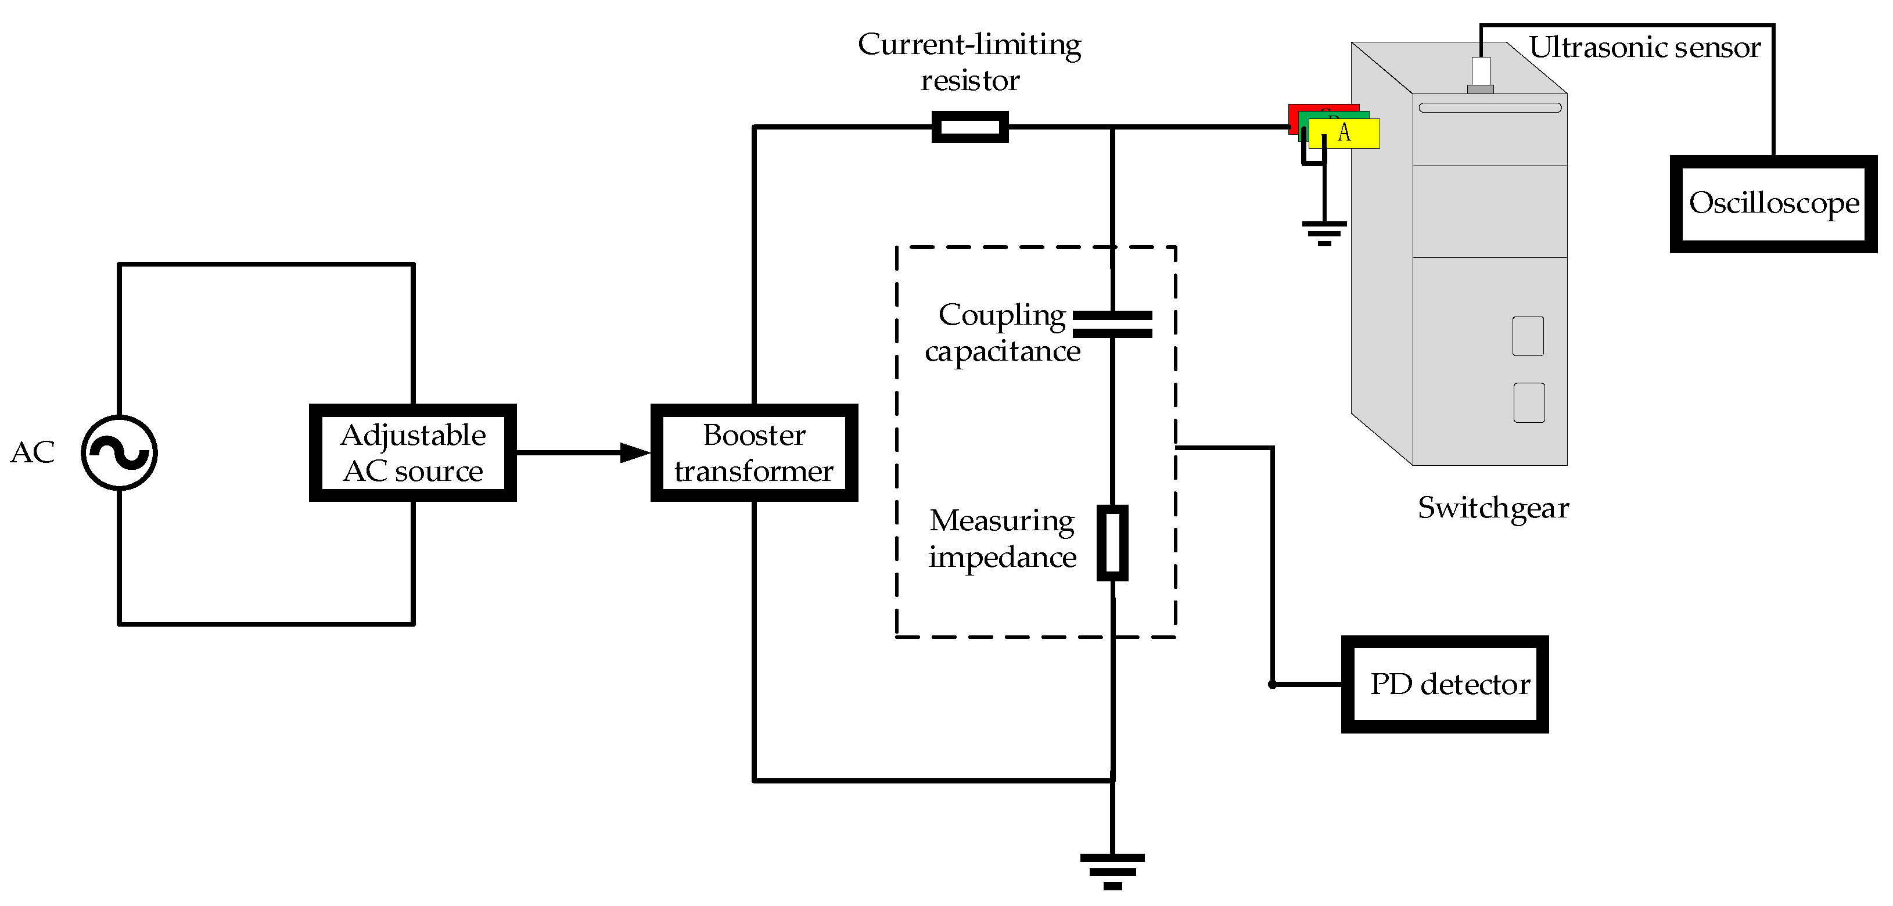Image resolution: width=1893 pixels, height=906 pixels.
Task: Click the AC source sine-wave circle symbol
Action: [x=119, y=452]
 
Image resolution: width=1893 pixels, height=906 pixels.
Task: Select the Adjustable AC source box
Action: [x=413, y=452]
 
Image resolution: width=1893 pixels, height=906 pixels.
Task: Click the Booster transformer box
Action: [x=754, y=452]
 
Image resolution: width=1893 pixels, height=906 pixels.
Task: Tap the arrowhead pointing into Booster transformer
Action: [x=635, y=452]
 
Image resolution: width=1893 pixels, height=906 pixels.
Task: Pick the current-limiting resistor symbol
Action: [x=969, y=127]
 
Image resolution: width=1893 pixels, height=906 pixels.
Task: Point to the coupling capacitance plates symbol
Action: [x=1112, y=324]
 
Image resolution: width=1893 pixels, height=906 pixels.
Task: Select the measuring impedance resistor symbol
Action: [x=1112, y=543]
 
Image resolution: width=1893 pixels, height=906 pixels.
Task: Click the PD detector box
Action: [x=1445, y=684]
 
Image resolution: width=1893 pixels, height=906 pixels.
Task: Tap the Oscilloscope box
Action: [x=1773, y=203]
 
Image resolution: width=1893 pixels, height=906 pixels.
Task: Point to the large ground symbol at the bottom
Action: [x=1112, y=871]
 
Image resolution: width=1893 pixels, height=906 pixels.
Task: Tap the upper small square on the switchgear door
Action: [x=1528, y=336]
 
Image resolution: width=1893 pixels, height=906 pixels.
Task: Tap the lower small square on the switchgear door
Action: [x=1528, y=402]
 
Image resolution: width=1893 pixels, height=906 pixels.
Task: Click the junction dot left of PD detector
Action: [x=1272, y=684]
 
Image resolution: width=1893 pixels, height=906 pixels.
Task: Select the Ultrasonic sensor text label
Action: [x=1644, y=47]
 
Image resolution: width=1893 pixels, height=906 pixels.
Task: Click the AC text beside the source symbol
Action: [x=33, y=452]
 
